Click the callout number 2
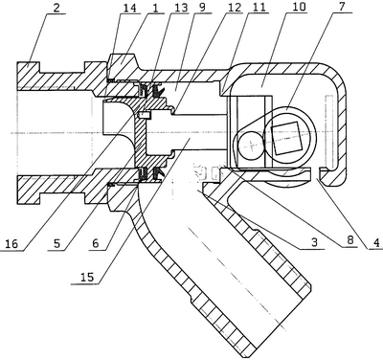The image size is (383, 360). coord(56,8)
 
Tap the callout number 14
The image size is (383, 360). coord(131,8)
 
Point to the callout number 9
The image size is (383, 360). coord(202,8)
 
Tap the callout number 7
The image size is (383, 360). coord(342,8)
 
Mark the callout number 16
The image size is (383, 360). coord(11,244)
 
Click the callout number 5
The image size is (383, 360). coord(57,244)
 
